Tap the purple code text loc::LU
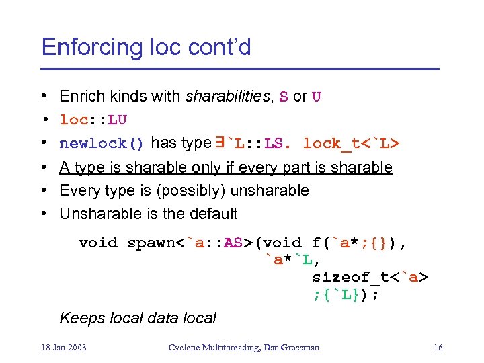[93, 120]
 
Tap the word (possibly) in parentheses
[192, 191]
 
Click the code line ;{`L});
[346, 294]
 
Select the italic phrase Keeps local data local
[138, 318]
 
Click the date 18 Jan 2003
[64, 348]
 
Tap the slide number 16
[438, 348]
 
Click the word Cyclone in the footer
[183, 348]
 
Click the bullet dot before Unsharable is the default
[42, 214]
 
